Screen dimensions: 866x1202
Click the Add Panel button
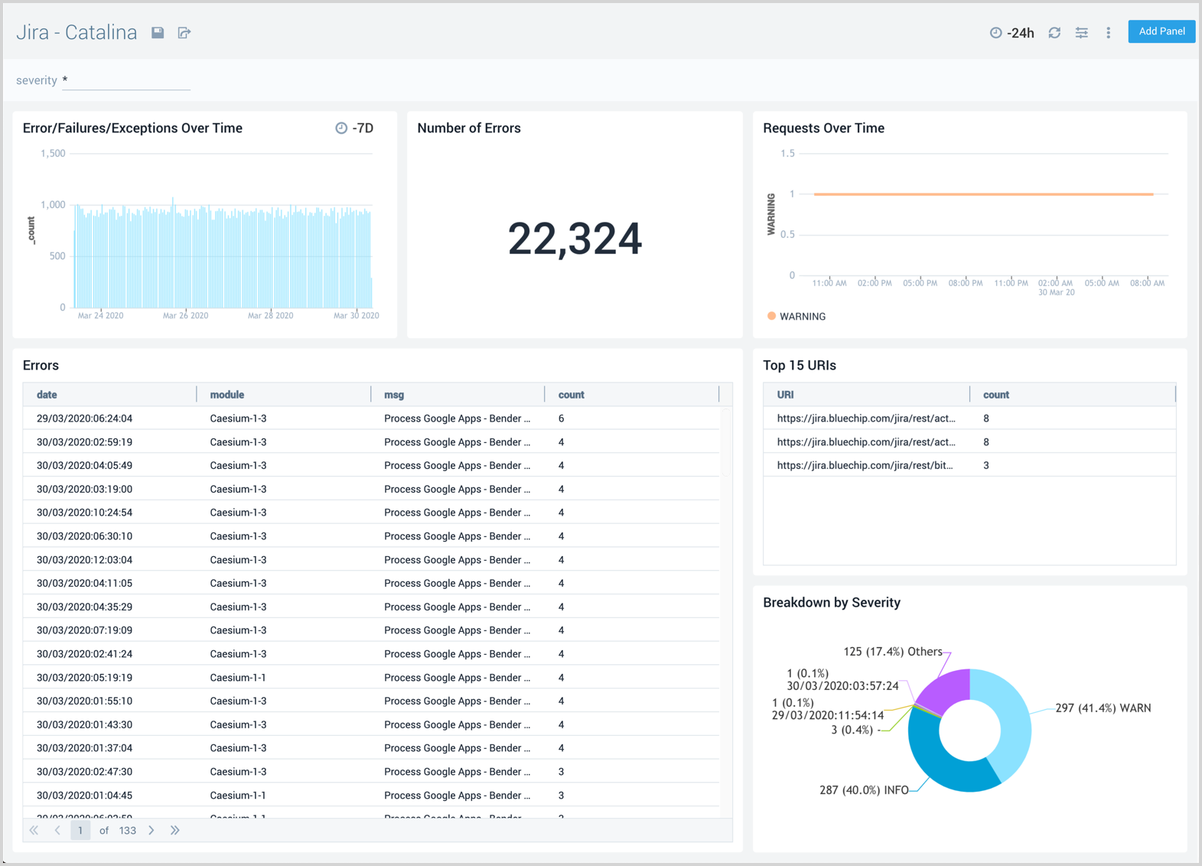1161,31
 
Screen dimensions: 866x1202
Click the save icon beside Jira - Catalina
158,33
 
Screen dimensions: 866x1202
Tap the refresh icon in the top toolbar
1054,33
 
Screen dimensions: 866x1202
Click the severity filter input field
126,80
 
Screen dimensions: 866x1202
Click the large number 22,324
575,239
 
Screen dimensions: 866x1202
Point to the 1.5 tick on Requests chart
787,154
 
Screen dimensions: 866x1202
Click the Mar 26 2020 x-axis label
185,315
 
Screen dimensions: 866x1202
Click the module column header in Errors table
227,395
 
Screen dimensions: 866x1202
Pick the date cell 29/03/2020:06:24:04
85,418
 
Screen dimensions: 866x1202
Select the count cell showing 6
562,418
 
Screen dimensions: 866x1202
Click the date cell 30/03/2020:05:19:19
85,678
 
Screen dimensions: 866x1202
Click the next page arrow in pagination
151,830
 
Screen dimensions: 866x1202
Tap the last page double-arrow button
175,830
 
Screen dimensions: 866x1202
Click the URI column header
785,395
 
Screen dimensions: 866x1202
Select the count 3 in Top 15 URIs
986,465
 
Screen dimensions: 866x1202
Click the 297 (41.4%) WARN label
1103,708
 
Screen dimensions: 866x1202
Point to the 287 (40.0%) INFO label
864,790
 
